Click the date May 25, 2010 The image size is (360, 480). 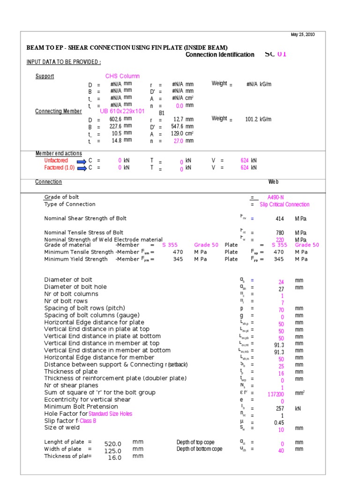tap(303, 35)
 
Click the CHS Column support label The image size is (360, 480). tap(122, 76)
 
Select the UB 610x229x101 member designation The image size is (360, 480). tap(122, 111)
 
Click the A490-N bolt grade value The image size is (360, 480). tap(276, 197)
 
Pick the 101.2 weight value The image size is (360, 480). tap(252, 119)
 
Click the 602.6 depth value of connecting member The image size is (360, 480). tap(115, 119)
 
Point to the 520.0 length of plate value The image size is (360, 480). tap(112, 444)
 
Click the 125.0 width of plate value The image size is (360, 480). tap(112, 451)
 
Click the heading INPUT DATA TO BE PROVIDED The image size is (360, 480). tap(64, 62)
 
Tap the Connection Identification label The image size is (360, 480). tap(220, 55)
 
